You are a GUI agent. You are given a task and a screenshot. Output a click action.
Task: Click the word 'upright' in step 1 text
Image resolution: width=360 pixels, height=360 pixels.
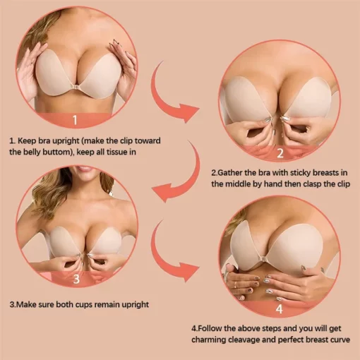click(83, 140)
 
